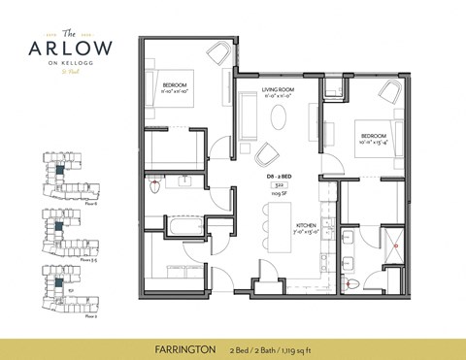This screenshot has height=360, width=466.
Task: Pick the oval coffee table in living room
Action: [x=279, y=117]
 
